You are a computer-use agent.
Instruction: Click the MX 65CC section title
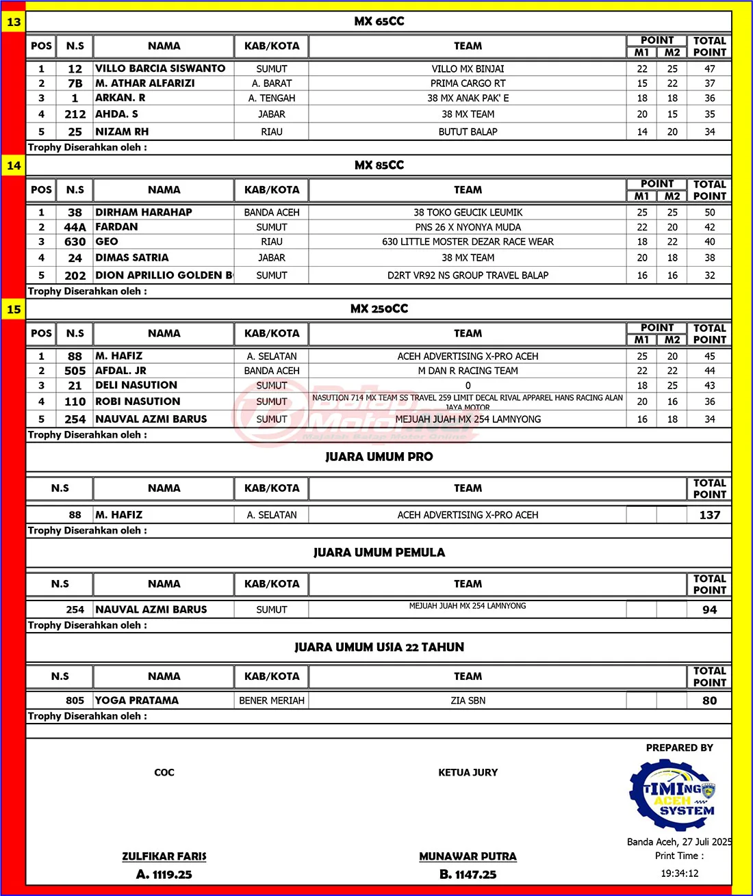coord(379,22)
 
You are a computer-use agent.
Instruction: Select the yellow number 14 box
coord(14,166)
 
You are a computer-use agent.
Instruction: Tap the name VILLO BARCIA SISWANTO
coord(160,68)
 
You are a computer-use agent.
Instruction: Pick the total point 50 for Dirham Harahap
coord(709,213)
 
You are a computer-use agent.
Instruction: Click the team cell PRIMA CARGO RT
coord(468,83)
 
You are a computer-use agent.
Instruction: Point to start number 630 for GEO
coord(75,242)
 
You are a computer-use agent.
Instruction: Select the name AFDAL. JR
coord(121,371)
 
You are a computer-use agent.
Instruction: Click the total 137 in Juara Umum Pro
coord(709,515)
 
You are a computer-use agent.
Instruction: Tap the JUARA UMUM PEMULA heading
coord(379,553)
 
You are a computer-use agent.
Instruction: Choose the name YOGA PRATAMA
coord(137,700)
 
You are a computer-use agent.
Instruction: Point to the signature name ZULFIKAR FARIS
coord(164,856)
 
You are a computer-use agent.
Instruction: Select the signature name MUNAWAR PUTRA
coord(468,856)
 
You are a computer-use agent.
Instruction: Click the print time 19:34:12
coord(679,873)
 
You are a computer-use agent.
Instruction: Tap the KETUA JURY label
coord(468,772)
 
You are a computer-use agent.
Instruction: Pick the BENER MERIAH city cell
coord(272,700)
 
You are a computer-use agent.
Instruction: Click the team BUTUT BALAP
coord(468,132)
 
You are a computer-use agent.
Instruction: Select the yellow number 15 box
coord(14,310)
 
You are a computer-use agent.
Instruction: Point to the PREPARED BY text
coord(679,748)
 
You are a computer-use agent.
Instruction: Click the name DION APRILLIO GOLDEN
coord(164,275)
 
